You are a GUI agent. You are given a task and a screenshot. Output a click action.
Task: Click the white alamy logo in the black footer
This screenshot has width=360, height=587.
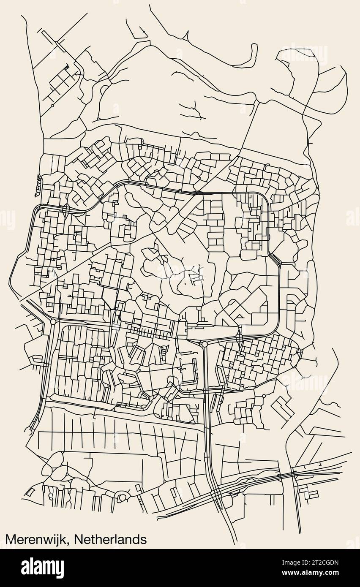pos(42,568)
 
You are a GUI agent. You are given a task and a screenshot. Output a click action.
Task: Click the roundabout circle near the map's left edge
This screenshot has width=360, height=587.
pos(53,322)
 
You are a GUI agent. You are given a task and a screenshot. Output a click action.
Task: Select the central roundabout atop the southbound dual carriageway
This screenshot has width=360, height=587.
pos(205,344)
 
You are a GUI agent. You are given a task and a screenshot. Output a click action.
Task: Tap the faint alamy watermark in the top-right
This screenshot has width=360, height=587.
pos(304,55)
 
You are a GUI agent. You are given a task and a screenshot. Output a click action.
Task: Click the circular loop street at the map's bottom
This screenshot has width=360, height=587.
pos(122,497)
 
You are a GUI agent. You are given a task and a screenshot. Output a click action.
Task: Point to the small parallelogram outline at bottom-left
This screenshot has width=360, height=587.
pos(30,492)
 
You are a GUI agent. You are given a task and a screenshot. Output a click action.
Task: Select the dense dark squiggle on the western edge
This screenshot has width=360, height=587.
pos(37,185)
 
